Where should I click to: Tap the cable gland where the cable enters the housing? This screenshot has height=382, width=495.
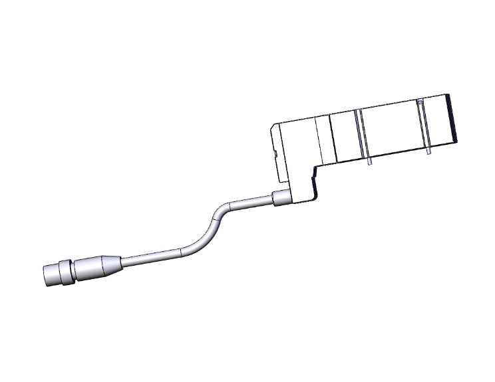point(281,197)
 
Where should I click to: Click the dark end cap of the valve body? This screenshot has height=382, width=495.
point(454,120)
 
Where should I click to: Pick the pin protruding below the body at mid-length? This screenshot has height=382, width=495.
point(368,160)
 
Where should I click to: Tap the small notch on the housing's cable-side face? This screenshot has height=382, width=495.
point(275,155)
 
